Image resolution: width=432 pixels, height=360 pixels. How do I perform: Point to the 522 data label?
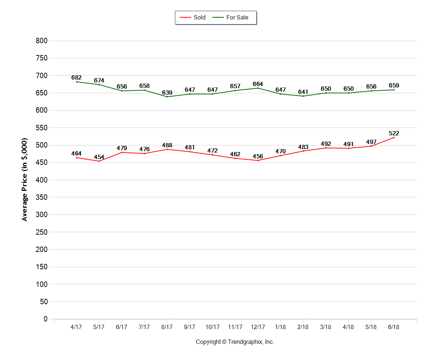click(x=394, y=134)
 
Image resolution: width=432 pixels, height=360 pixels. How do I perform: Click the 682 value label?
click(x=76, y=77)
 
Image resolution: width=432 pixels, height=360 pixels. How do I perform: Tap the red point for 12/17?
click(x=258, y=160)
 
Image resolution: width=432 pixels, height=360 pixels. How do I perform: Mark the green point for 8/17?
click(x=167, y=96)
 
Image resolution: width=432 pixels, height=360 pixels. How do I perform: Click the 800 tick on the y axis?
click(x=42, y=41)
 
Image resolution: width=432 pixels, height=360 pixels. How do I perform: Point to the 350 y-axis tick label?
click(x=42, y=198)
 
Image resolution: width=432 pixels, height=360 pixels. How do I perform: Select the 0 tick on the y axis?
click(x=45, y=319)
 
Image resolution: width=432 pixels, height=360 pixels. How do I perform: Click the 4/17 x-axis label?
click(x=76, y=327)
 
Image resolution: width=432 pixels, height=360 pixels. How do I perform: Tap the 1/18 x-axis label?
click(x=280, y=327)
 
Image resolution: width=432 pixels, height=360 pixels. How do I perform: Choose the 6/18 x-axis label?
click(x=394, y=327)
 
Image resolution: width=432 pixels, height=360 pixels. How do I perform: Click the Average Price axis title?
click(x=24, y=179)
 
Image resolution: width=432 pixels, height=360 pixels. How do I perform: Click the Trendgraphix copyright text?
click(x=235, y=342)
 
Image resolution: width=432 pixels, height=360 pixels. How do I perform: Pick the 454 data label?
click(x=99, y=157)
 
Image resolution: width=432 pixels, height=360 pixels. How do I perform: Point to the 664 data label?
click(x=258, y=84)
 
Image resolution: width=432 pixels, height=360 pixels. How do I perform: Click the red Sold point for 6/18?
click(x=394, y=138)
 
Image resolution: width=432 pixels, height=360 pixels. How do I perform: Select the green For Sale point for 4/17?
click(x=76, y=82)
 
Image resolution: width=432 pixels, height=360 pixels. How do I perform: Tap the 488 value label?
click(x=167, y=145)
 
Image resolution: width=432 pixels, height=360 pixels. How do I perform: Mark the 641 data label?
click(x=303, y=92)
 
